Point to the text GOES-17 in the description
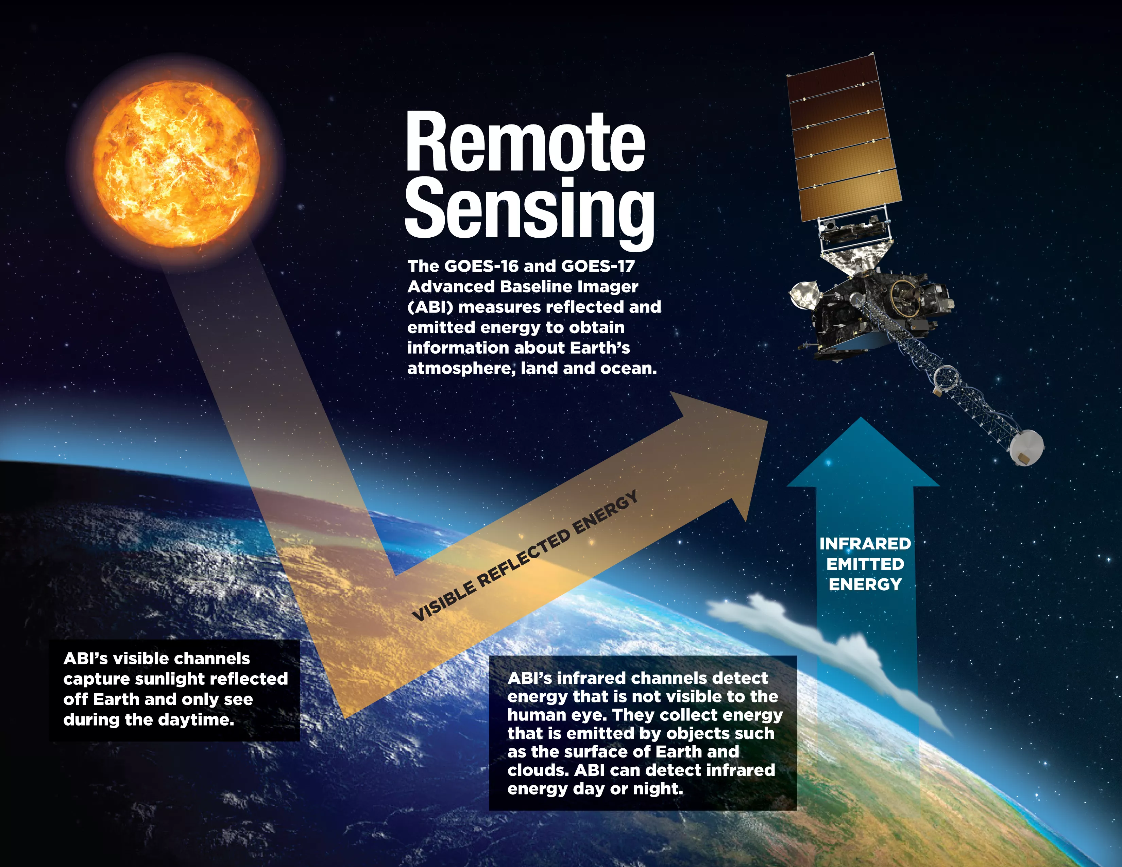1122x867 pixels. point(598,266)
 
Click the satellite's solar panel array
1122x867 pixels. point(844,139)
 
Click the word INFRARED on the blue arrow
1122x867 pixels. point(865,543)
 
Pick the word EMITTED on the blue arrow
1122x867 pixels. point(865,564)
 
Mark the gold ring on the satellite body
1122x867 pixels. point(905,297)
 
